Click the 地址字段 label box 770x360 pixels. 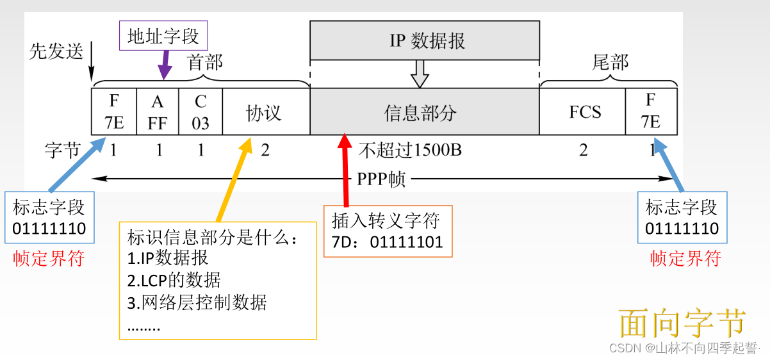point(163,36)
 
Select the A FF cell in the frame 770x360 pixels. point(158,111)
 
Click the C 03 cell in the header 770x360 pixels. point(201,111)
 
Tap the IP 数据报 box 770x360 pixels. point(423,40)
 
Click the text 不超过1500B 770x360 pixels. point(410,151)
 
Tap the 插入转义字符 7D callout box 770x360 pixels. point(388,231)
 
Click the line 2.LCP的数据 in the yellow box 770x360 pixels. point(174,281)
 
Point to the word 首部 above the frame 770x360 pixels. point(204,63)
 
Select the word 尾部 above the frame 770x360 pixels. point(609,62)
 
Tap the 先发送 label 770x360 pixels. point(56,52)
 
